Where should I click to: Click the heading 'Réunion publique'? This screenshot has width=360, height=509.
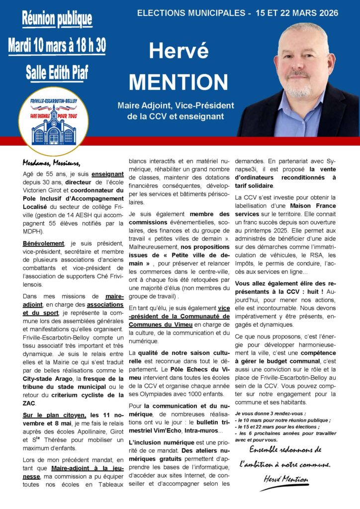pyautogui.click(x=57, y=19)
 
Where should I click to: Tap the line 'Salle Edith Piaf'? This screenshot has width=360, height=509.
pyautogui.click(x=57, y=73)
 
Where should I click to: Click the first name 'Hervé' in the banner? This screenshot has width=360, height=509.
pyautogui.click(x=179, y=52)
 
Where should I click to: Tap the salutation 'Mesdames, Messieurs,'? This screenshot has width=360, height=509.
pyautogui.click(x=51, y=163)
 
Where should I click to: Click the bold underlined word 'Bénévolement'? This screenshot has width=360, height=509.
pyautogui.click(x=44, y=244)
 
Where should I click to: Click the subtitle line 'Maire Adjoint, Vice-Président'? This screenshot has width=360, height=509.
pyautogui.click(x=176, y=106)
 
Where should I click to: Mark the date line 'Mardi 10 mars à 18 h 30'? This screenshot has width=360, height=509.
pyautogui.click(x=57, y=46)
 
